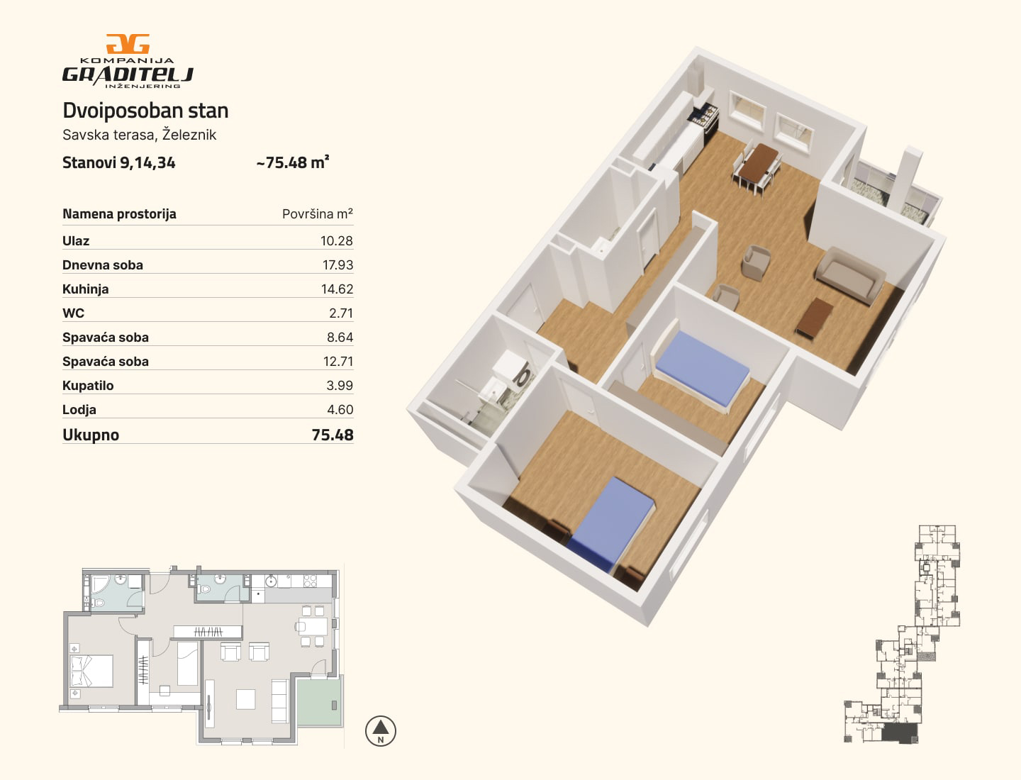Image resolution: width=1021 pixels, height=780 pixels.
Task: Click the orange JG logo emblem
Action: click(128, 44)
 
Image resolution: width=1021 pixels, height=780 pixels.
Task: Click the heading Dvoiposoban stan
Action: click(145, 111)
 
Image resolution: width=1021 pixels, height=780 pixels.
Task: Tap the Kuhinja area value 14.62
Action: click(337, 289)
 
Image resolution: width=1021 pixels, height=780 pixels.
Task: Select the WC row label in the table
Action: click(74, 313)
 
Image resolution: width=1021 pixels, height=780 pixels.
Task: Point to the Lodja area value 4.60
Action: click(340, 410)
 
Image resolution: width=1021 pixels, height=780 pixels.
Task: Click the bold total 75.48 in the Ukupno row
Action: click(333, 435)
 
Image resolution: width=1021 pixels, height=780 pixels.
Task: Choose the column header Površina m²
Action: click(317, 214)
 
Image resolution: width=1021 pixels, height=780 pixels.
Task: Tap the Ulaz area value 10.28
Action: click(336, 241)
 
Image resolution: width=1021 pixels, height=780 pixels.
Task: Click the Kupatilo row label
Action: click(88, 386)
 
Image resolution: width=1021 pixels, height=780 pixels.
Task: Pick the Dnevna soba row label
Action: click(103, 265)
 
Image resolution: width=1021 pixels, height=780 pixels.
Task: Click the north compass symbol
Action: click(381, 731)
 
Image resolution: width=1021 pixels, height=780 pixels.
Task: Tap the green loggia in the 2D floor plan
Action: click(319, 701)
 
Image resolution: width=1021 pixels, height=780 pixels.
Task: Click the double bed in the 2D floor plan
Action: click(91, 672)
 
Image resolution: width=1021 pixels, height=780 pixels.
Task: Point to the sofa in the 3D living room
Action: click(849, 276)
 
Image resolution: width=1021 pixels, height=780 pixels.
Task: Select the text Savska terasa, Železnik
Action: click(140, 135)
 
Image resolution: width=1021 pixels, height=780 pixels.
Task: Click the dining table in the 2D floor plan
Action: click(313, 627)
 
